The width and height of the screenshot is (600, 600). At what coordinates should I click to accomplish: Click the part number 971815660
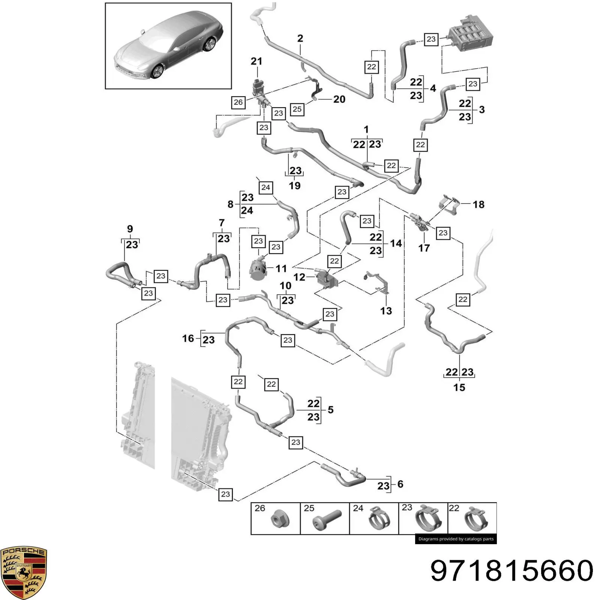tap(512, 570)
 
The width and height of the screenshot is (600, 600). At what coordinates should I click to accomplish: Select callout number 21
tap(256, 61)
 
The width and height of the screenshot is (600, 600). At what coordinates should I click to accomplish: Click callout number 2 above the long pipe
tap(300, 38)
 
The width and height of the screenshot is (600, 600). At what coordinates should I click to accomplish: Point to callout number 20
tap(339, 99)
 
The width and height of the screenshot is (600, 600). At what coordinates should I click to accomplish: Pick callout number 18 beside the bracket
tap(478, 204)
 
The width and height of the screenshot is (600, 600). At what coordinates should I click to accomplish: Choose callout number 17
tap(424, 248)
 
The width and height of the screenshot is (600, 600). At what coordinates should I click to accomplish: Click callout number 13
tap(386, 311)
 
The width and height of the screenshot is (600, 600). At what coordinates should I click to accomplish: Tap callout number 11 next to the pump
tap(281, 268)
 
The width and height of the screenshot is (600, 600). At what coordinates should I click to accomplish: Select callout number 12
tap(299, 277)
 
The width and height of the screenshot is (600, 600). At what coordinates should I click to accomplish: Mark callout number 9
tap(130, 229)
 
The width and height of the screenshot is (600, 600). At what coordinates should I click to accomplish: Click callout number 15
tap(459, 387)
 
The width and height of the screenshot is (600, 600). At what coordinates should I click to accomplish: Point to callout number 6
tap(400, 484)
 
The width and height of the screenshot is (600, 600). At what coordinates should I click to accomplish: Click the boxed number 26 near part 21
tap(238, 102)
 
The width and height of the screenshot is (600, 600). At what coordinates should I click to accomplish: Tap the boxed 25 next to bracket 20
tap(297, 109)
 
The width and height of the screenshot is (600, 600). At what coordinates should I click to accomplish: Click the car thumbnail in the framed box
tap(168, 46)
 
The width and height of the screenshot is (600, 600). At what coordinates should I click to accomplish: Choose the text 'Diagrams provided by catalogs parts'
tap(456, 539)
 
